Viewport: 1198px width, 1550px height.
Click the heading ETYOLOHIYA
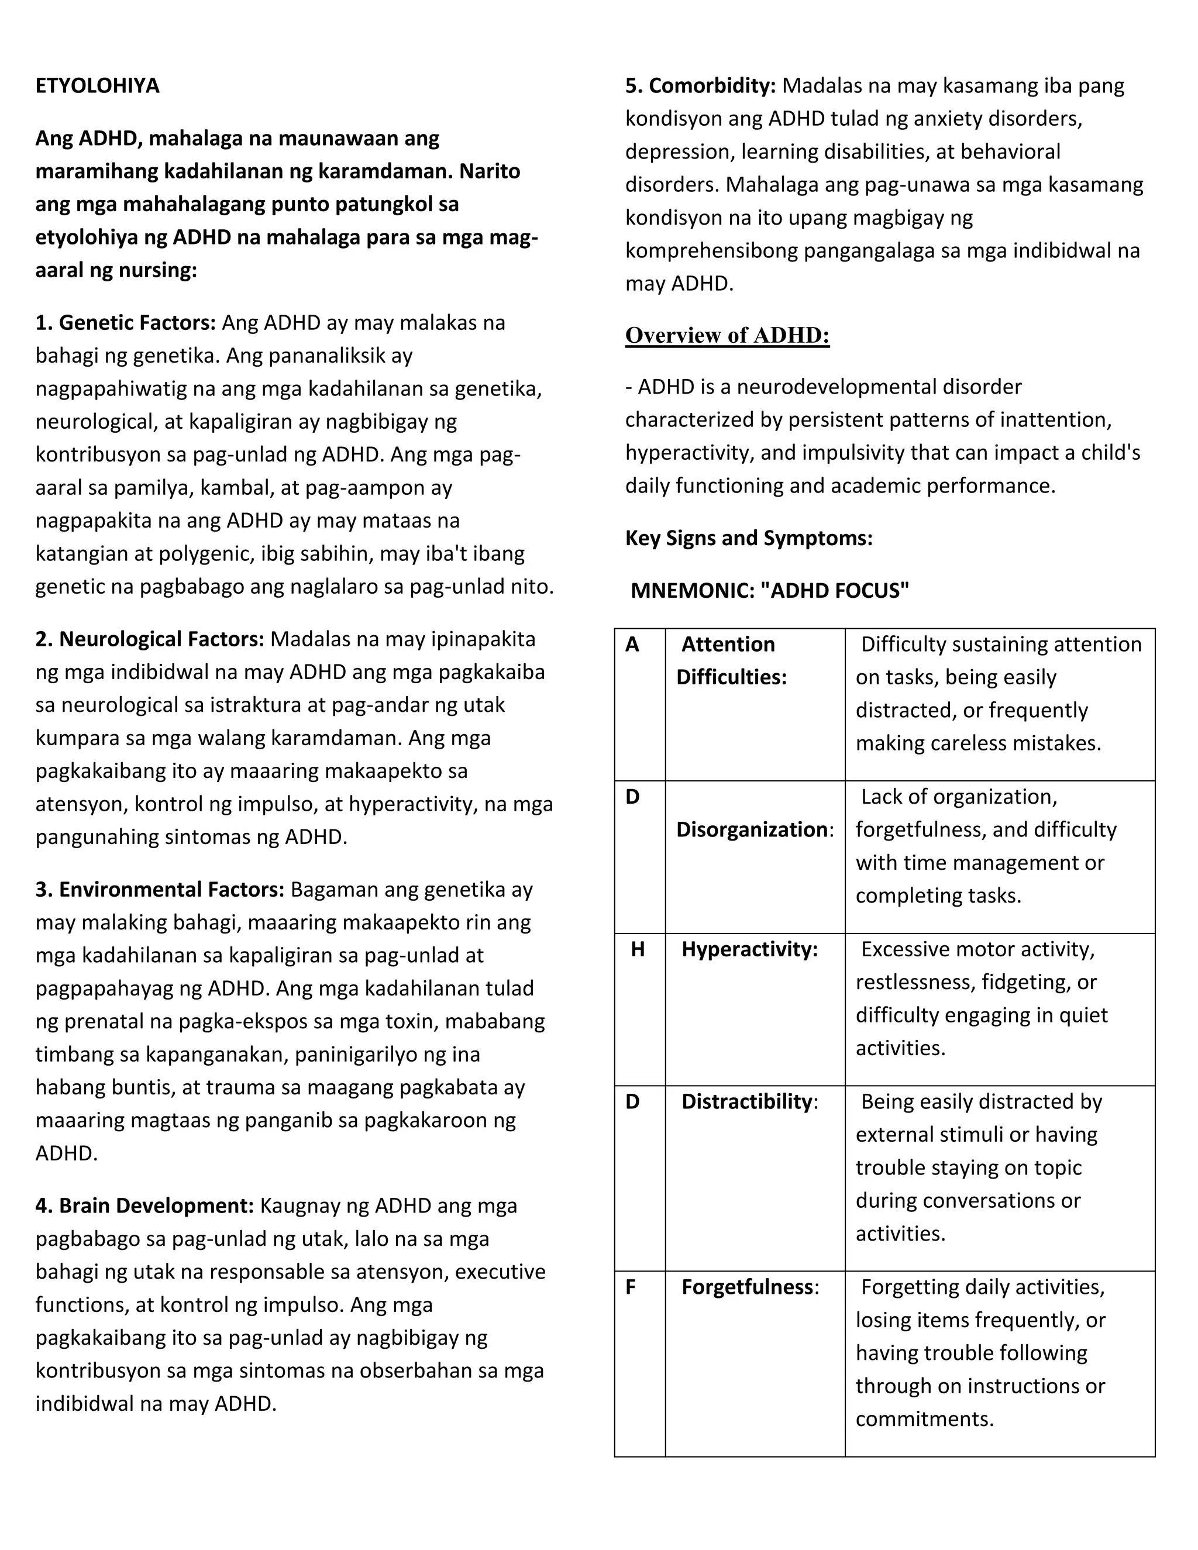pyautogui.click(x=97, y=86)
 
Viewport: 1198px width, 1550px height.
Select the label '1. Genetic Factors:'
pyautogui.click(x=126, y=323)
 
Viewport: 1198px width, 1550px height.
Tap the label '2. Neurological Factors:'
pyautogui.click(x=150, y=639)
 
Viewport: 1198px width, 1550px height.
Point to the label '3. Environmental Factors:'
pyautogui.click(x=160, y=890)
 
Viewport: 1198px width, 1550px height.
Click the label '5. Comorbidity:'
pyautogui.click(x=700, y=86)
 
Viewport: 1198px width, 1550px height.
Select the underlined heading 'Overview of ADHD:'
pyautogui.click(x=727, y=335)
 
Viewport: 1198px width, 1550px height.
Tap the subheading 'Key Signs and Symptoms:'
pyautogui.click(x=748, y=538)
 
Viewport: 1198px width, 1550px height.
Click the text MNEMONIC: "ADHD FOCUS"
pyautogui.click(x=769, y=591)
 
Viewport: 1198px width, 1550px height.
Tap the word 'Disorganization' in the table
pyautogui.click(x=752, y=829)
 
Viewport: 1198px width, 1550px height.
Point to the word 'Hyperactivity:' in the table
pyautogui.click(x=749, y=949)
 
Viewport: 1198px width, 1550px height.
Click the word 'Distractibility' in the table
pyautogui.click(x=746, y=1102)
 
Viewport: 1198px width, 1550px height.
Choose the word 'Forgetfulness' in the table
pyautogui.click(x=746, y=1287)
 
